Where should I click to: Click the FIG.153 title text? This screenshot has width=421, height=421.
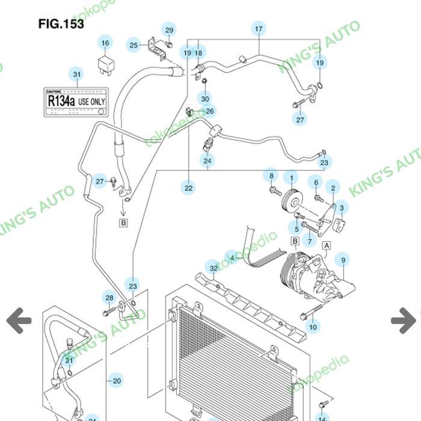[61, 24]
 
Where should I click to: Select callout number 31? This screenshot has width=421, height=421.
[76, 75]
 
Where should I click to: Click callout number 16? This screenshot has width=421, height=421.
[105, 43]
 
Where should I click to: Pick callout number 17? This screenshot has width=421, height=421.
[259, 29]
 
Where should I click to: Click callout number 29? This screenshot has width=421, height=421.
[169, 31]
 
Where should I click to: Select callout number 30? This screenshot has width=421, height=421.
[205, 99]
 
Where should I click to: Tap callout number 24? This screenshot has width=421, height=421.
[207, 161]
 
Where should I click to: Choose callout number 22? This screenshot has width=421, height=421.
[189, 188]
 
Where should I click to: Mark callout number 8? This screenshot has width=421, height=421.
[271, 176]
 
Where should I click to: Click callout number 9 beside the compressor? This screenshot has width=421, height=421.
[343, 260]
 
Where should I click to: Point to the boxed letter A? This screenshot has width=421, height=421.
[327, 245]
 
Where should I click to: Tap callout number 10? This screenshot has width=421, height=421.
[313, 327]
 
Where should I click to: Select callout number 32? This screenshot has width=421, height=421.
[213, 268]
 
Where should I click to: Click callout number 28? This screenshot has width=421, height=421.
[109, 298]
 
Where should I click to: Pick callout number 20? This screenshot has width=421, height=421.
[117, 380]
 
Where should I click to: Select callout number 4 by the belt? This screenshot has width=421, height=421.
[232, 257]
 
